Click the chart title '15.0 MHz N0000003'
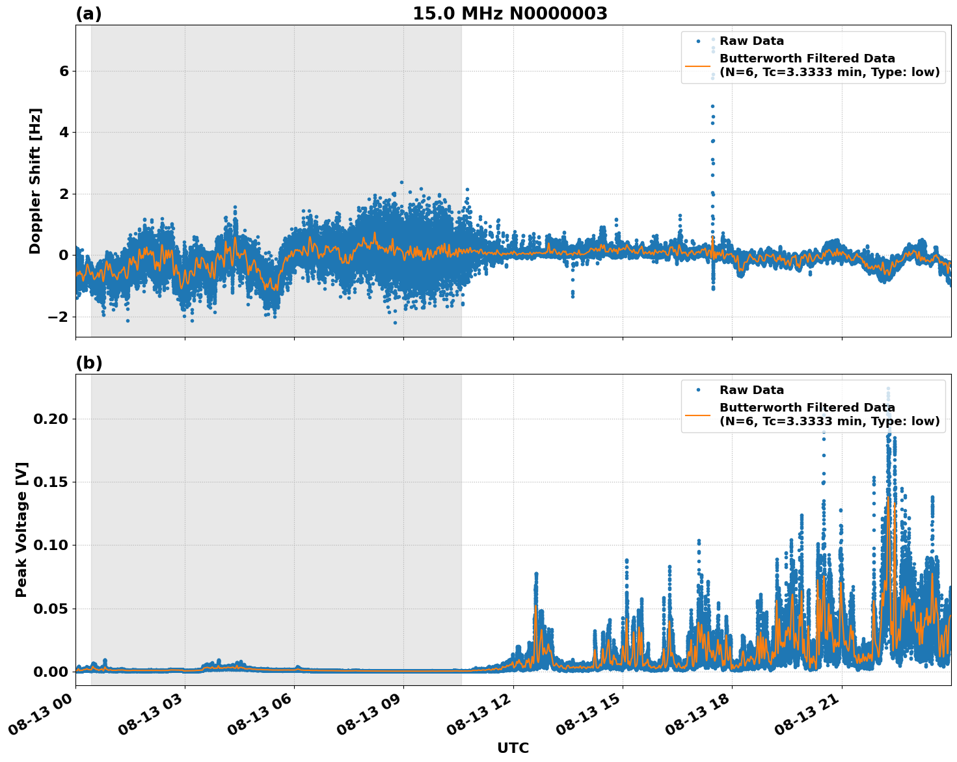click(x=509, y=14)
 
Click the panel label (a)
click(x=88, y=14)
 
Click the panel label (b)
click(x=88, y=363)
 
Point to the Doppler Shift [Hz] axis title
click(x=35, y=181)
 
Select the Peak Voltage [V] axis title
click(x=21, y=529)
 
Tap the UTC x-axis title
click(x=513, y=748)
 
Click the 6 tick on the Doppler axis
click(x=64, y=71)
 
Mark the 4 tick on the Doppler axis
click(x=64, y=133)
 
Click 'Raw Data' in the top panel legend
click(x=751, y=42)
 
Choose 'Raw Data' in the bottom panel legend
click(x=751, y=390)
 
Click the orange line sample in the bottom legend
click(x=697, y=414)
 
